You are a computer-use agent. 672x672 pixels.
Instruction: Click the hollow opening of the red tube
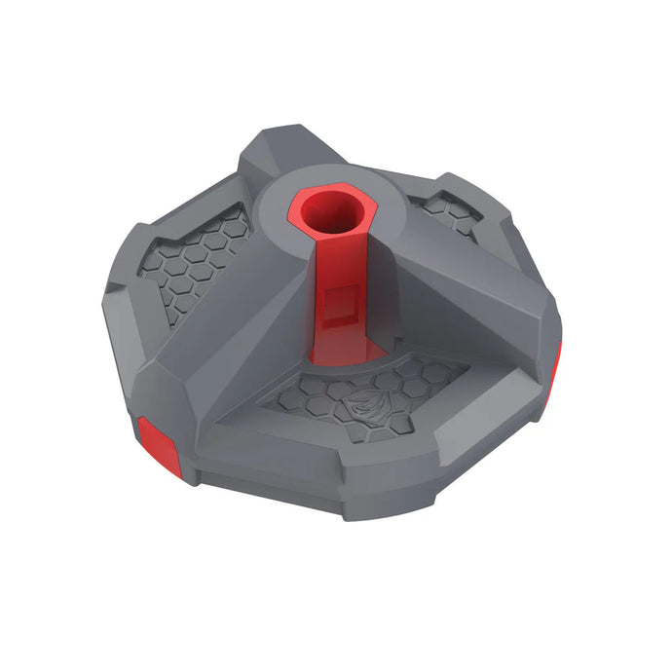coord(331,212)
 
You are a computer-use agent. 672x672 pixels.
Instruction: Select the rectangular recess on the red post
coord(339,301)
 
